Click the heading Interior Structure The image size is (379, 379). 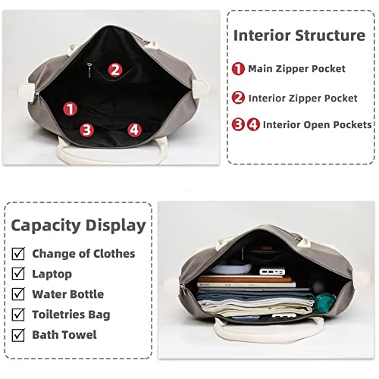(x=299, y=35)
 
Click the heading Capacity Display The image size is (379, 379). (x=78, y=224)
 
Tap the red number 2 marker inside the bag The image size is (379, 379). (x=114, y=70)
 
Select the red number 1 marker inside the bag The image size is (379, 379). (x=70, y=110)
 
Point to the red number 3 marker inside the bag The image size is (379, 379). (x=87, y=130)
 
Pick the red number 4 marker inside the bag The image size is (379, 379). (x=134, y=130)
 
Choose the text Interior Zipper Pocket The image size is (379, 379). (x=303, y=98)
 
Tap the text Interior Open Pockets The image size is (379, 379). (x=318, y=124)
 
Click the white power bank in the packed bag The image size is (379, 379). (x=271, y=271)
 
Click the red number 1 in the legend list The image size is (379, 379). (x=239, y=69)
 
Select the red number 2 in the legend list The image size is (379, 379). (x=239, y=98)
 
